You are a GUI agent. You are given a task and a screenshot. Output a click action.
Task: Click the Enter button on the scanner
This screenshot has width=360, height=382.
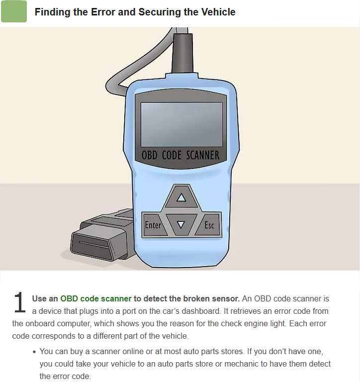pos(154,225)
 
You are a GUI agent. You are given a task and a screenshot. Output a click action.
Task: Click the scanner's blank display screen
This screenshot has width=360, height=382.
pos(181,124)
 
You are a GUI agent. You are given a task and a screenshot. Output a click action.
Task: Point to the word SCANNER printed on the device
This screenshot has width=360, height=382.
pos(203,155)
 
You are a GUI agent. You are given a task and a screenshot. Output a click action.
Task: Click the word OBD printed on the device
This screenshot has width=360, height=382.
pos(149,155)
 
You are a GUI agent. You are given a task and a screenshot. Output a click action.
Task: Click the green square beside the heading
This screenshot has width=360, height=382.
pos(14,11)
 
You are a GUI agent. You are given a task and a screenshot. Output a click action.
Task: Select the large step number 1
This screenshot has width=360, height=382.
pos(19,302)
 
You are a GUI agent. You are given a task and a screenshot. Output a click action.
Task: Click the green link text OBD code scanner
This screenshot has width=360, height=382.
pos(96,298)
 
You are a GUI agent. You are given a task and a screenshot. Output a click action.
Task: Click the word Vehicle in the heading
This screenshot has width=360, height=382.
pos(220,12)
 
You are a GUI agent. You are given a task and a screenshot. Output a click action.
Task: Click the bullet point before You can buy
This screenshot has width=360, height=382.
pos(34,352)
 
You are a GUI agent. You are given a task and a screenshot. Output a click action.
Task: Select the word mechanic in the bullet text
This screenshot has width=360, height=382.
pos(241,364)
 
